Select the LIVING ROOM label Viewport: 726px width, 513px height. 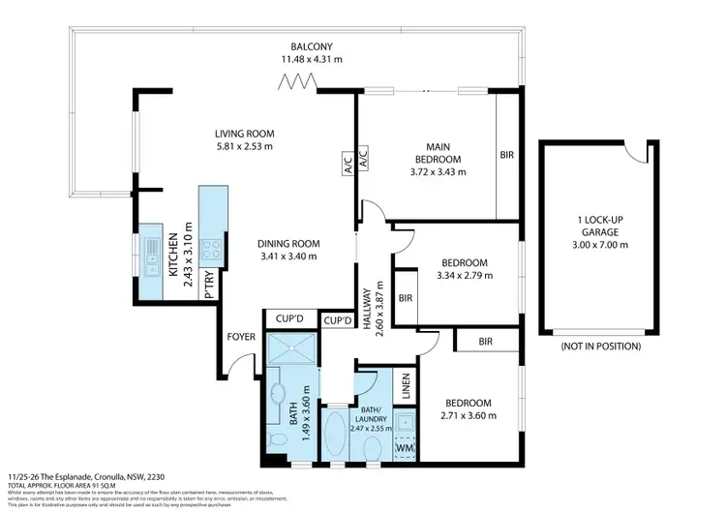245,135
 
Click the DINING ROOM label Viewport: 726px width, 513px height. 289,244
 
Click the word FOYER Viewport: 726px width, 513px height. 240,338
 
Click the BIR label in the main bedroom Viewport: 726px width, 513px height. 507,155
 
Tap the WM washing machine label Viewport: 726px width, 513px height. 405,448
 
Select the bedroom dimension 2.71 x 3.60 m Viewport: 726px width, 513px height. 468,416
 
